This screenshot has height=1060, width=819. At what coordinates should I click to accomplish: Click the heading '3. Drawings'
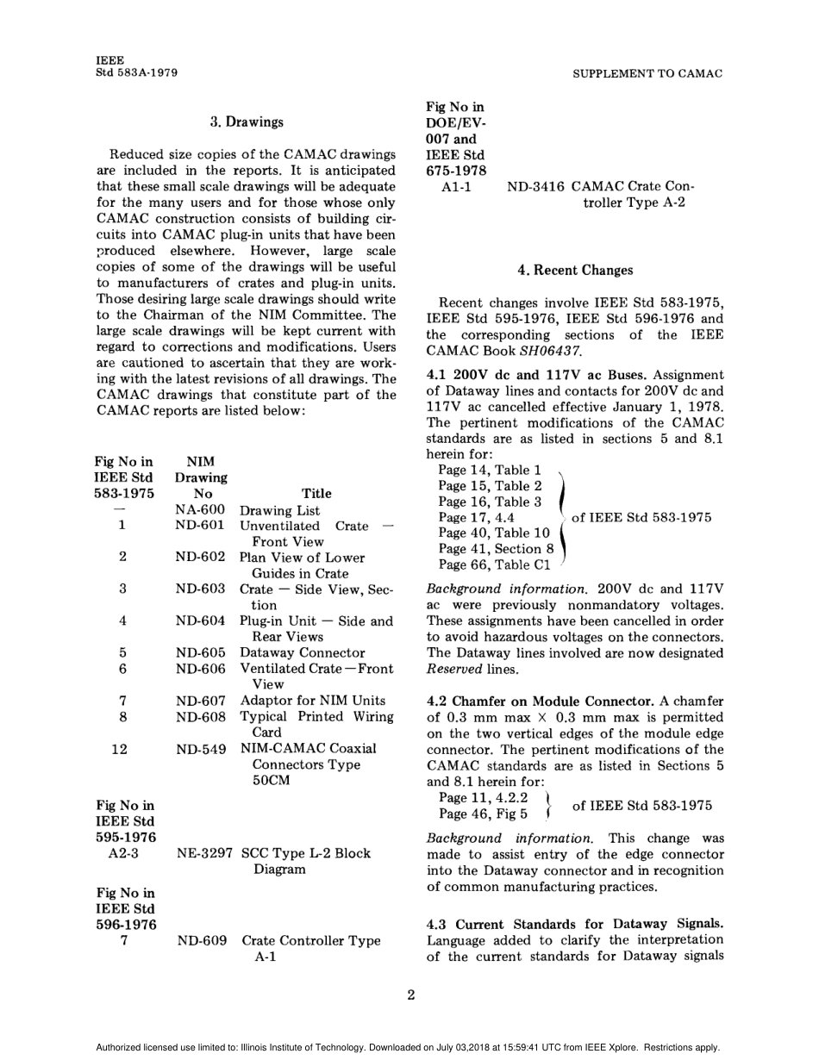(x=247, y=122)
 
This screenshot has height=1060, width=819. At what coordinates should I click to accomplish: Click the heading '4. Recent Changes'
(x=575, y=271)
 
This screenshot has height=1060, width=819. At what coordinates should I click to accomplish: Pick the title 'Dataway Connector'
(x=302, y=653)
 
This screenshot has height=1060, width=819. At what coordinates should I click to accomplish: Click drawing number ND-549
(x=201, y=750)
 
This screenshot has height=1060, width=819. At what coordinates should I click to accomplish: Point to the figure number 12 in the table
(x=120, y=749)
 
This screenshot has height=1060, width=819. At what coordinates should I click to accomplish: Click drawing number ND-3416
(x=535, y=186)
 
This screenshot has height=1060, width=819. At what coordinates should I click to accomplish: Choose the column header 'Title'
(x=316, y=494)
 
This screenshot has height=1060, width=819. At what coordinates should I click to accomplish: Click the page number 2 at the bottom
(x=410, y=996)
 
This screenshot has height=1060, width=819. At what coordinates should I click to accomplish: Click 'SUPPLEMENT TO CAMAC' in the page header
(x=647, y=74)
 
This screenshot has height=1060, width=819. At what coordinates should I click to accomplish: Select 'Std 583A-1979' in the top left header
(x=137, y=73)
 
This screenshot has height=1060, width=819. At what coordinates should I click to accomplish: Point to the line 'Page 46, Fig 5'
(x=483, y=814)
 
